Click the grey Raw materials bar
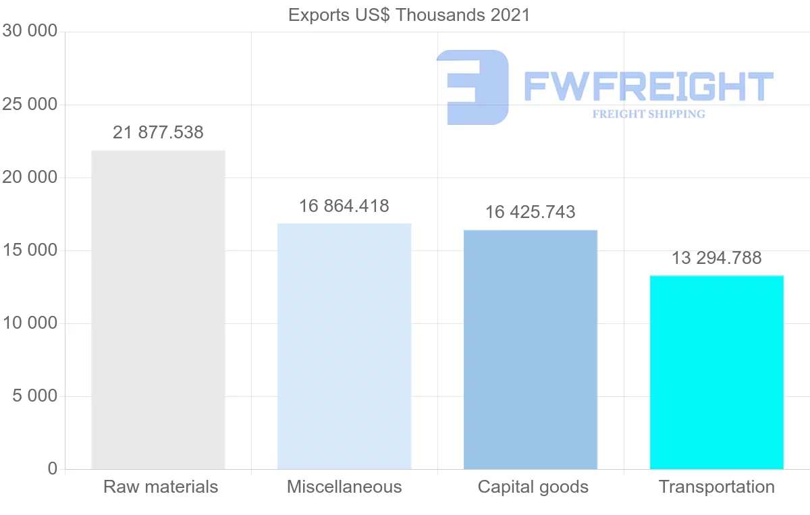pyautogui.click(x=158, y=310)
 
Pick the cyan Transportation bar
pyautogui.click(x=717, y=372)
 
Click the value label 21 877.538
pyautogui.click(x=158, y=132)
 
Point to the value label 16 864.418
pyautogui.click(x=344, y=206)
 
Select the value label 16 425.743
pyautogui.click(x=531, y=212)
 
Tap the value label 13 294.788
pyautogui.click(x=717, y=258)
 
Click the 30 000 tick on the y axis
pyautogui.click(x=30, y=31)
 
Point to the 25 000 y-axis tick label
pyautogui.click(x=30, y=105)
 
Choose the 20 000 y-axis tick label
pyautogui.click(x=30, y=178)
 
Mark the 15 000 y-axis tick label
pyautogui.click(x=30, y=250)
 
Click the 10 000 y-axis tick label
pyautogui.click(x=30, y=323)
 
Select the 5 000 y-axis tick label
pyautogui.click(x=35, y=396)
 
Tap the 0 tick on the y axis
pyautogui.click(x=53, y=468)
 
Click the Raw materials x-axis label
pyautogui.click(x=161, y=487)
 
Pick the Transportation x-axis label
pyautogui.click(x=717, y=487)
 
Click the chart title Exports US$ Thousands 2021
pyautogui.click(x=409, y=15)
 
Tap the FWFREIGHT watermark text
pyautogui.click(x=648, y=86)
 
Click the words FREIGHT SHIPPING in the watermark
pyautogui.click(x=649, y=114)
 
